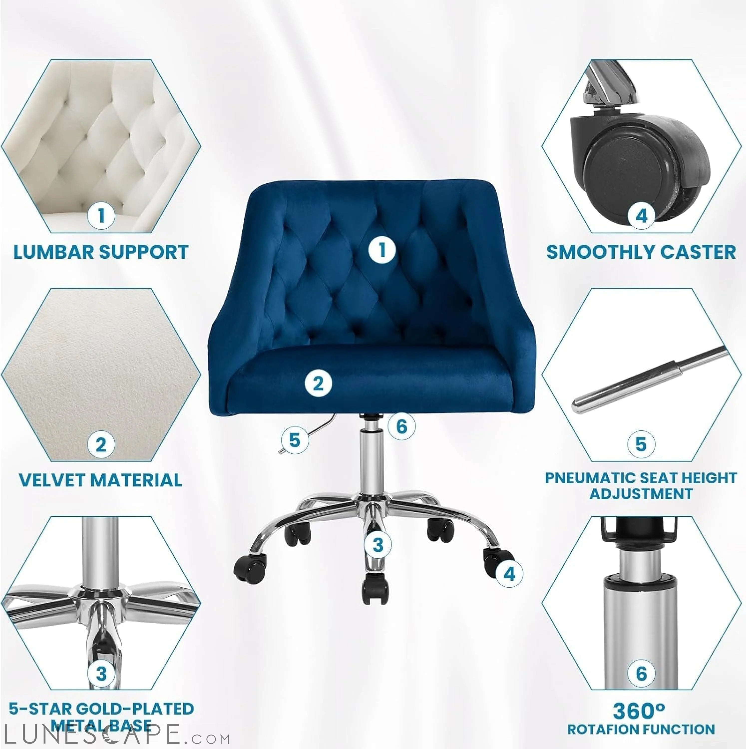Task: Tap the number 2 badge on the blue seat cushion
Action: (318, 383)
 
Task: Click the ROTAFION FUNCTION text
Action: (641, 729)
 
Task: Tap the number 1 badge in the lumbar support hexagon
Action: (101, 215)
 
